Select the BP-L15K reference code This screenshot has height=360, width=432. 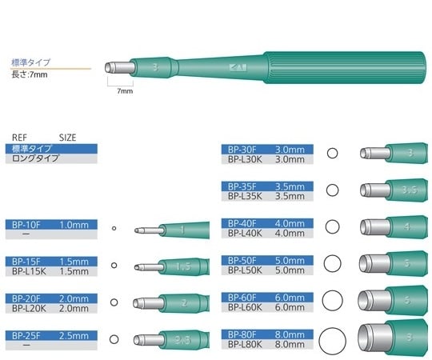(26, 271)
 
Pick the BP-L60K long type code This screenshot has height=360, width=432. (244, 308)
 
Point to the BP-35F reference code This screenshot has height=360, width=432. (242, 186)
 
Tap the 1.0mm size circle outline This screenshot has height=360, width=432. (114, 230)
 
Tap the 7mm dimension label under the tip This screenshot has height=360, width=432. (125, 91)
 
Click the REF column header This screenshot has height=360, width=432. (20, 137)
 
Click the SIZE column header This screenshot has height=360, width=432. (68, 137)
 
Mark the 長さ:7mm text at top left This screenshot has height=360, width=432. (31, 74)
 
